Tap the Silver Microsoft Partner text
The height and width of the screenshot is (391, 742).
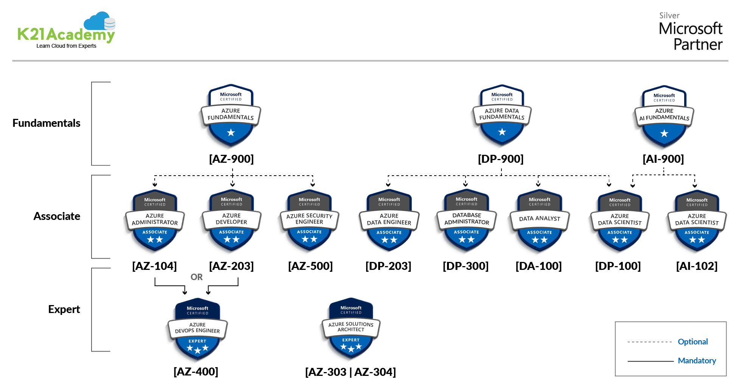690,33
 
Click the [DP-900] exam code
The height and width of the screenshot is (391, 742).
501,159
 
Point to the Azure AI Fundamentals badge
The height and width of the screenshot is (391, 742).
664,116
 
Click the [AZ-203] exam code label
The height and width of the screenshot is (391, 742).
231,266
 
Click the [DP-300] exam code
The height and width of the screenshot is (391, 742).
466,266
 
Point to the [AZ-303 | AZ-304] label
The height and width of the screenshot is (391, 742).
351,372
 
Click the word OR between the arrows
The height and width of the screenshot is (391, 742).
197,277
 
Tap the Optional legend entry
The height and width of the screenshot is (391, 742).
692,342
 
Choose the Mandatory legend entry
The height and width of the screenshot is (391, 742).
697,361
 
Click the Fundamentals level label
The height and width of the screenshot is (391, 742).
47,123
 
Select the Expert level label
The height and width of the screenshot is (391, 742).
64,309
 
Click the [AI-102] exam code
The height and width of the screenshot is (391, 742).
697,266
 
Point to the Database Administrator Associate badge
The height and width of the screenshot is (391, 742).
467,221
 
